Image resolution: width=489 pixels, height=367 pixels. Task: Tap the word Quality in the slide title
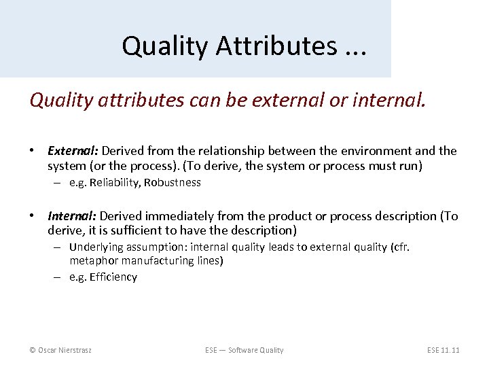157,46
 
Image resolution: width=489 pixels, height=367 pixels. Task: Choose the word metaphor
94,260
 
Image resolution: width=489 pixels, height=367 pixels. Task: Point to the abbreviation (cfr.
401,247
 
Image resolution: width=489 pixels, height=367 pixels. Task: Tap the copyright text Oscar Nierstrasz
60,350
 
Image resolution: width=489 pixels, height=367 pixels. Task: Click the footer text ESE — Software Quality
244,350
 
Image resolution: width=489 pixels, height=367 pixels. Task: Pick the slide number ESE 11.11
443,350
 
